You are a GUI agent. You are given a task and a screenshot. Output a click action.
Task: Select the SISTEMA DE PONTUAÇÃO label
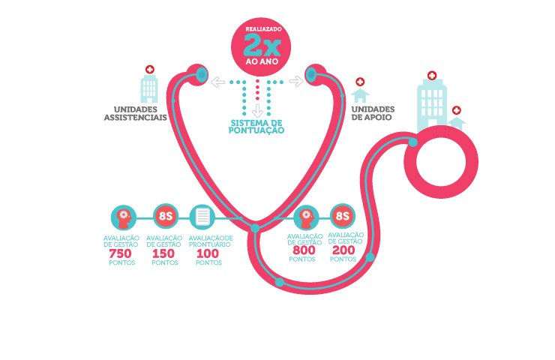[256, 126]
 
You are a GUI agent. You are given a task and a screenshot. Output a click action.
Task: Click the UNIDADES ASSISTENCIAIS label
[135, 113]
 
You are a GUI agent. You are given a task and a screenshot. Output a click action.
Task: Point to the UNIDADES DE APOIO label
[373, 113]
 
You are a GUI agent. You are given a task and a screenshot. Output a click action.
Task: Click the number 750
[121, 254]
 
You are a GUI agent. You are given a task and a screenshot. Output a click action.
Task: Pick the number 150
[163, 254]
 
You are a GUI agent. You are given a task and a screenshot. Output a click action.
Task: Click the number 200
[343, 250]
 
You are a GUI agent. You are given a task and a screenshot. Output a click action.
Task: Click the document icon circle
[202, 217]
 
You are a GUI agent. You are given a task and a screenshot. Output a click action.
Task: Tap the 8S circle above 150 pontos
[164, 217]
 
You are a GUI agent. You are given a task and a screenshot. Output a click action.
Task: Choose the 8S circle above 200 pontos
[343, 217]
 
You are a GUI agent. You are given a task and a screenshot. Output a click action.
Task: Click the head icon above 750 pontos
[124, 217]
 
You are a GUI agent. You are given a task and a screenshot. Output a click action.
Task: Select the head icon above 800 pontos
[306, 217]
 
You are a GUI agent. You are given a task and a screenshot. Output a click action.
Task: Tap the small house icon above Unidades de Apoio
[361, 95]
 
